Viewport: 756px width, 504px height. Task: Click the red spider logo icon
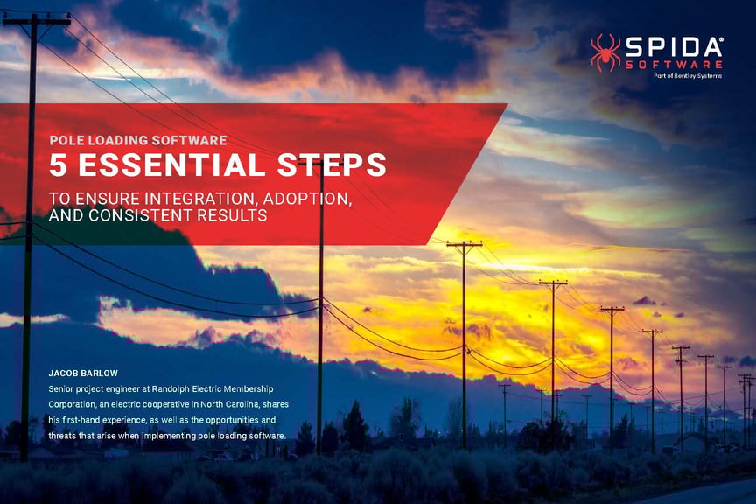(x=605, y=52)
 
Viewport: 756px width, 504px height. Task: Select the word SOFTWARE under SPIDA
(x=673, y=64)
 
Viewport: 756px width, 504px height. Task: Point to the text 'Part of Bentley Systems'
(x=688, y=76)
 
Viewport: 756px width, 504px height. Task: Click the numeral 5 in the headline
(x=59, y=165)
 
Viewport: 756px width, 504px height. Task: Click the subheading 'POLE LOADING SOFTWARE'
(x=138, y=140)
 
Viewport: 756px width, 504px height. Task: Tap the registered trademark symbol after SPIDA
(x=720, y=39)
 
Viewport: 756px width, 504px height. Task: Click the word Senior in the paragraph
(x=64, y=388)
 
